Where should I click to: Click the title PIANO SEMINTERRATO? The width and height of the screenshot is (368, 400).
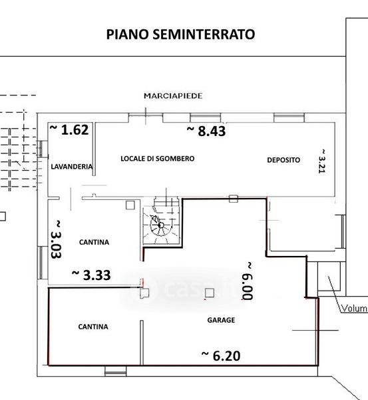180,35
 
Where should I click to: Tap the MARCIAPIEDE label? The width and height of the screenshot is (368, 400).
173,96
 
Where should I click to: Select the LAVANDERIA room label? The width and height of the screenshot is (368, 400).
72,167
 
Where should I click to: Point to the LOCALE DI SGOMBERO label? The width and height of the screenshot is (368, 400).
158,159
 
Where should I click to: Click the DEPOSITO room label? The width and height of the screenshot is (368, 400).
283,160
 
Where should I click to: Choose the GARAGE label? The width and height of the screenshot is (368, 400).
221,320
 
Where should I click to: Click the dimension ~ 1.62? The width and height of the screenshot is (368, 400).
69,129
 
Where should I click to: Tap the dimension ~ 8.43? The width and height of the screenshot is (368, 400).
206,131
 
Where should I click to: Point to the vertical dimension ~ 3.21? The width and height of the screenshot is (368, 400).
322,161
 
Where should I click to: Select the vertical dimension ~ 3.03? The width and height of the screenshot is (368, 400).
57,239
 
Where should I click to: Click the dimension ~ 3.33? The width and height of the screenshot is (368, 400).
91,275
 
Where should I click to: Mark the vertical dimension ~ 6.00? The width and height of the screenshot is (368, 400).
248,281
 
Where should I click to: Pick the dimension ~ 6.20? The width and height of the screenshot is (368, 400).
221,356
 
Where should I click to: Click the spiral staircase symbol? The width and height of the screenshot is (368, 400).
161,225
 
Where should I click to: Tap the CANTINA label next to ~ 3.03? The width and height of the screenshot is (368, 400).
94,242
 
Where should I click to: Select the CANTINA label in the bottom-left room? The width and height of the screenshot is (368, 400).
93,327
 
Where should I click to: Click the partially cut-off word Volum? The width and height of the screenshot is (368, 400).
354,309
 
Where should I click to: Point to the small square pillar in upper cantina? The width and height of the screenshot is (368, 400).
130,205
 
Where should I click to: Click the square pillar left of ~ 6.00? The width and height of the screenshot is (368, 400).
210,293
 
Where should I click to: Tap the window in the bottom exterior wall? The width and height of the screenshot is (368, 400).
115,371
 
